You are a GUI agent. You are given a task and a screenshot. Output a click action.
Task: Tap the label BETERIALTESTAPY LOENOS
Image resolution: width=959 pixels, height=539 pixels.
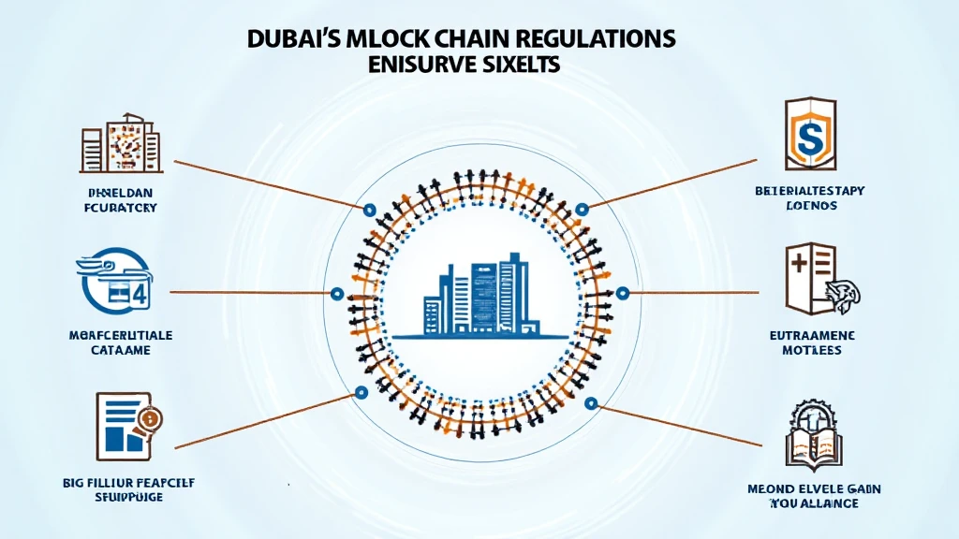(808, 198)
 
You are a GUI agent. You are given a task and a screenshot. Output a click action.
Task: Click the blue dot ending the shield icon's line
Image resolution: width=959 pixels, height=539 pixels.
(583, 208)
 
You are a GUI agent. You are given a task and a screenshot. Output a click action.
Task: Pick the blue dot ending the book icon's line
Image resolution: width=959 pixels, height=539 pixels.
(590, 403)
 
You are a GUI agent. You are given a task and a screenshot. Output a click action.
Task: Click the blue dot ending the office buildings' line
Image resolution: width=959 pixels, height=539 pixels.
(368, 210)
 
